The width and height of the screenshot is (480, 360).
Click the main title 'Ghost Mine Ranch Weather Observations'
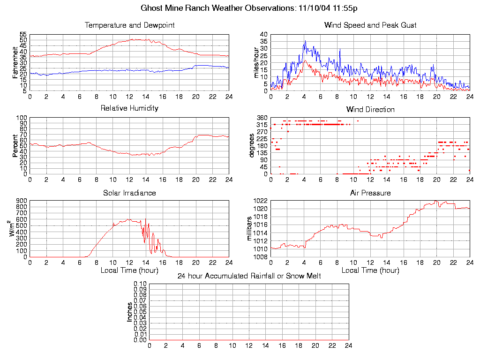[x=218, y=8]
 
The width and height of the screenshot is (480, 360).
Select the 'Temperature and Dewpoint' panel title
[x=129, y=25]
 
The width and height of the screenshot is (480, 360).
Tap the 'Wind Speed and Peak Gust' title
[x=370, y=25]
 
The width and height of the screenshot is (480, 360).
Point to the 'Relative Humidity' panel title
[x=129, y=108]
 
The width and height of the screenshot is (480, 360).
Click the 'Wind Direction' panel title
[x=370, y=110]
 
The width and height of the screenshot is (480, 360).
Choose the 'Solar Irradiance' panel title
[x=129, y=193]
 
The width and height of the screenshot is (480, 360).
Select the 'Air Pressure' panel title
[x=370, y=193]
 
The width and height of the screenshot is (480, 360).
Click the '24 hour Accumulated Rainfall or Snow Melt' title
[x=249, y=276]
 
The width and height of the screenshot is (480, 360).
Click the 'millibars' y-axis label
[x=249, y=228]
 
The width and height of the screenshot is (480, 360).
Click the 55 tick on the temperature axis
[x=23, y=35]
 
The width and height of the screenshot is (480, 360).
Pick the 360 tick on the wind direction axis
[x=262, y=118]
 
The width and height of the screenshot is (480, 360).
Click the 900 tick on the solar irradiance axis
[x=22, y=201]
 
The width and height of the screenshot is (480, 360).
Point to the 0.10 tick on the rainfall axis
[x=140, y=284]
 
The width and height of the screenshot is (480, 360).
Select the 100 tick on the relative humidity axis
[x=22, y=118]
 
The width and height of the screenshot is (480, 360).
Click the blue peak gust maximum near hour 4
[x=305, y=41]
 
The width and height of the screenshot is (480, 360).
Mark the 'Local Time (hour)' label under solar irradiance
[x=129, y=270]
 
